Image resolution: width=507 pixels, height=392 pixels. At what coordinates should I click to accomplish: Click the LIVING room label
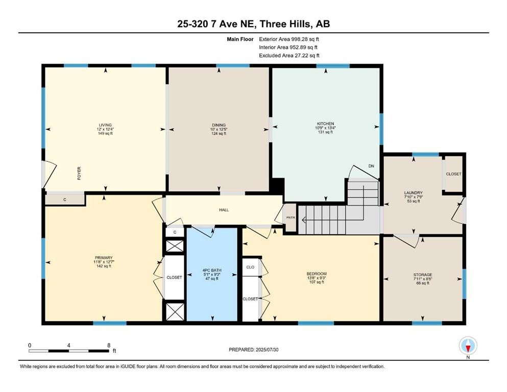[105, 125]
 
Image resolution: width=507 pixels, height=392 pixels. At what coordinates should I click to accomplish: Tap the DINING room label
[219, 125]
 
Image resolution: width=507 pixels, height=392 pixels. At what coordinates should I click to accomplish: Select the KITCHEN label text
[325, 124]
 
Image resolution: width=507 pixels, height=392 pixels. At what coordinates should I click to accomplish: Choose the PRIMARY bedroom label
[103, 258]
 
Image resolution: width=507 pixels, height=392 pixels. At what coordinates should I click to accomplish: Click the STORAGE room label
[423, 275]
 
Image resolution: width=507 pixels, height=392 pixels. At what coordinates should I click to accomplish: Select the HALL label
[224, 209]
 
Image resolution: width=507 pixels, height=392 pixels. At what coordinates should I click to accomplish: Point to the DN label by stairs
[371, 166]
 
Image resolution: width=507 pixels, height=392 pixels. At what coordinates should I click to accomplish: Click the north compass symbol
[468, 346]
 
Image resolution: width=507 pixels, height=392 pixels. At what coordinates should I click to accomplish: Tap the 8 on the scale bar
[108, 345]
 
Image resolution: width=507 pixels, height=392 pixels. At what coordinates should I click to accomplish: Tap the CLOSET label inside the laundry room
[453, 174]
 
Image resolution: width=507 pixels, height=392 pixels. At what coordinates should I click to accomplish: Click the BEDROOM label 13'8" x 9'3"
[317, 274]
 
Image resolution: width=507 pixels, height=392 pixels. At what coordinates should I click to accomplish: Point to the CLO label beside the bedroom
[250, 267]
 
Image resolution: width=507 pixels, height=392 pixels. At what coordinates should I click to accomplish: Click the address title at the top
[253, 24]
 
